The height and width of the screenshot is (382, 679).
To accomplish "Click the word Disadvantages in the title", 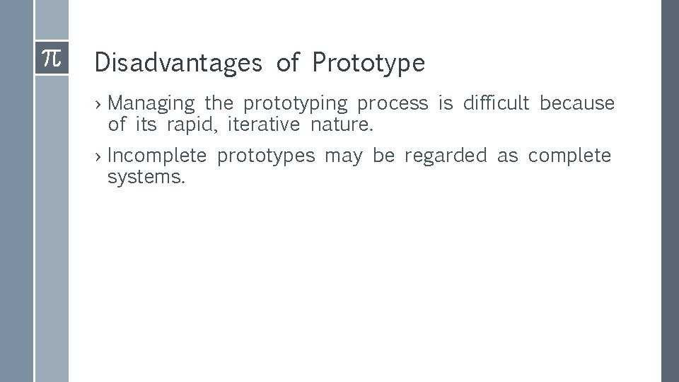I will [178, 63].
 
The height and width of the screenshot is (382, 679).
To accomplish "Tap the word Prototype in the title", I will [368, 63].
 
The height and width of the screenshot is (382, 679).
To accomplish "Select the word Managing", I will [151, 103].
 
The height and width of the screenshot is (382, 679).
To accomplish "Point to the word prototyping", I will [296, 104].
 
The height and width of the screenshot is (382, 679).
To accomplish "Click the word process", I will [393, 104].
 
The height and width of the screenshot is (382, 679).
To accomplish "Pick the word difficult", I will [496, 103].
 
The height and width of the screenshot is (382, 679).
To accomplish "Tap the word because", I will [577, 103].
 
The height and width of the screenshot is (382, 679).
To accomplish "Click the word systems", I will [146, 178].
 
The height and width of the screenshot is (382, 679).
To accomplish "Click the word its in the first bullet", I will [146, 125].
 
